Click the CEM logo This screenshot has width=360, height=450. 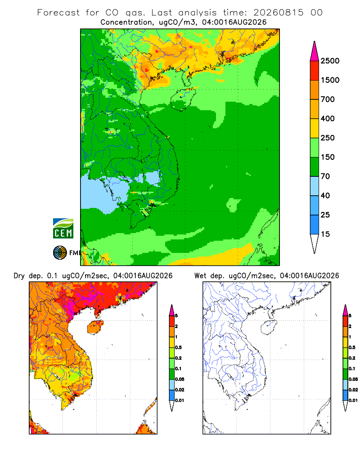tap(63, 229)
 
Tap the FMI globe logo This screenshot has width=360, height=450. tap(60, 253)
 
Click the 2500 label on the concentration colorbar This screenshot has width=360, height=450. tap(330, 61)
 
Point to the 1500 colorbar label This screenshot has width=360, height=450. tap(330, 80)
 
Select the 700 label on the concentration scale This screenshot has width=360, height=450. tap(328, 99)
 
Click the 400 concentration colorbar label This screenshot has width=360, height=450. tap(328, 118)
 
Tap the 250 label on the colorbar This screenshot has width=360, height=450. tap(328, 138)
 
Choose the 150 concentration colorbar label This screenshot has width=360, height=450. tap(328, 157)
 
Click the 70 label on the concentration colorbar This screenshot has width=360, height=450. tap(325, 176)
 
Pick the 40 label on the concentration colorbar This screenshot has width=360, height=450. tap(325, 195)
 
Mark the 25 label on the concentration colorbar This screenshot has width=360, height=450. tap(325, 215)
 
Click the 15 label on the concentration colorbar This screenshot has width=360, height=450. tap(325, 234)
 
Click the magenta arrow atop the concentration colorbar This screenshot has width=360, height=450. tap(315, 52)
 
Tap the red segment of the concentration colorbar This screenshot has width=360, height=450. tap(315, 71)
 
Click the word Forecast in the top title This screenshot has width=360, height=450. tap(58, 13)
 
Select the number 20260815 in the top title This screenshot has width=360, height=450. tap(279, 13)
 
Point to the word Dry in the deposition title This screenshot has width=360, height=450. tap(19, 276)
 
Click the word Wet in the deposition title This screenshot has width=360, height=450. tap(200, 276)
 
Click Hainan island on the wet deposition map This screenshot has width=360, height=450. tap(269, 327)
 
